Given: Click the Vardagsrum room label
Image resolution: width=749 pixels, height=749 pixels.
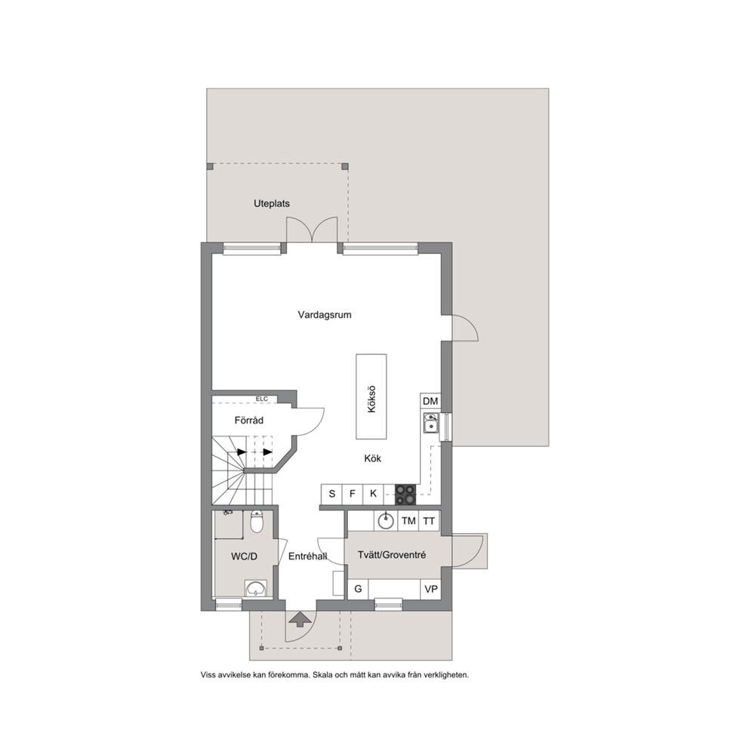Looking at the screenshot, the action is [x=325, y=315].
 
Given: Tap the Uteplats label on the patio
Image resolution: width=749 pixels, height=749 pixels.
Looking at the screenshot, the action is [x=271, y=204].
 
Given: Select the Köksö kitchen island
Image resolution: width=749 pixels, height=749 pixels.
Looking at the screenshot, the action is [x=371, y=396].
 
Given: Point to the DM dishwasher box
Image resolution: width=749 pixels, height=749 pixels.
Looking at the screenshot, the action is [x=430, y=401].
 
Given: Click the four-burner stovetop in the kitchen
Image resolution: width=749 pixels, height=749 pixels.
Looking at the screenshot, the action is [x=405, y=495].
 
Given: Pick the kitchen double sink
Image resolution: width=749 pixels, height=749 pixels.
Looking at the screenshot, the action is [x=430, y=423].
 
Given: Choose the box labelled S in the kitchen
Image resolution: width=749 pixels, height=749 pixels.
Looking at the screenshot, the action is [x=332, y=494].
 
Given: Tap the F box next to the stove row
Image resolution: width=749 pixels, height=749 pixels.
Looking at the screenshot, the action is [x=353, y=494].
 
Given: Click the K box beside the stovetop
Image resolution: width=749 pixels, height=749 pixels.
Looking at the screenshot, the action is [x=374, y=494].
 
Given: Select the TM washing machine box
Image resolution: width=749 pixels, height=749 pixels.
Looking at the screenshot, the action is [x=408, y=521].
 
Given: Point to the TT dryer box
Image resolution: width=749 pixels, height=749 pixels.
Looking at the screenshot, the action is [x=429, y=521].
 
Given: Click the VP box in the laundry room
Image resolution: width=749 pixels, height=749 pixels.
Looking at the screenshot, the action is [x=431, y=589].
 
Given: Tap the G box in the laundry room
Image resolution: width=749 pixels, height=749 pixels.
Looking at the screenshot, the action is [x=358, y=589].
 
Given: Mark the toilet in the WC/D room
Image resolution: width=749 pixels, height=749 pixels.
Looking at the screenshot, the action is [x=257, y=521].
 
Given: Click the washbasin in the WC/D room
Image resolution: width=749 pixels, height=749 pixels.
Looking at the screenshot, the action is [x=257, y=588].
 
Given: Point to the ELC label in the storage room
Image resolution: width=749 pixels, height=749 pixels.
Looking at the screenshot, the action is [x=262, y=399].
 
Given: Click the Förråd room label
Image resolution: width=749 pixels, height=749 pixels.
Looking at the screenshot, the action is [x=249, y=421].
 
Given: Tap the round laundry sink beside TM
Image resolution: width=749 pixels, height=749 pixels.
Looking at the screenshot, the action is [x=386, y=521].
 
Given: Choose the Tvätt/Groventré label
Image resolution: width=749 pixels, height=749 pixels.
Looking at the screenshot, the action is [x=392, y=555].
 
